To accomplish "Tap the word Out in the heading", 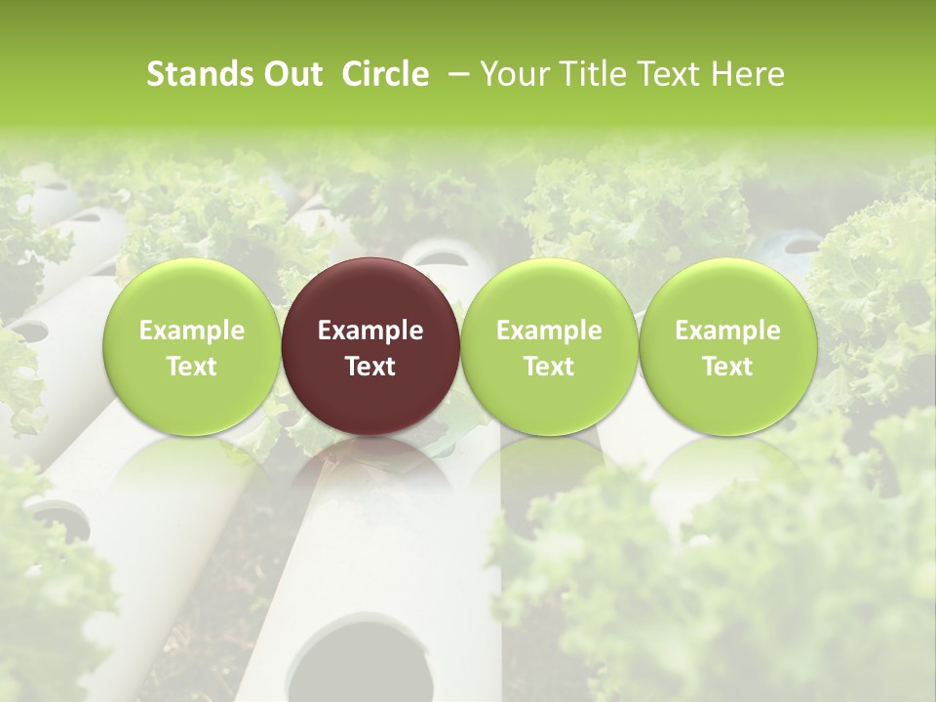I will tap(290, 74).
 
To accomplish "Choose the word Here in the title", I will tap(748, 74).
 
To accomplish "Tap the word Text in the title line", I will tap(672, 74).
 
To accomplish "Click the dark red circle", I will tap(370, 346).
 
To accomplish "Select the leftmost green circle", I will tap(192, 346).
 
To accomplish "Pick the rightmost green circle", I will tap(727, 346).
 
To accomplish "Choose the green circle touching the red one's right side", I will tap(549, 346).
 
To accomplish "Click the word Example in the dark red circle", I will tap(370, 331).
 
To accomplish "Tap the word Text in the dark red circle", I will tap(370, 367).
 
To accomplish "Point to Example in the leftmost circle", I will tap(192, 331).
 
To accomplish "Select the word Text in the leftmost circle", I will tap(192, 367).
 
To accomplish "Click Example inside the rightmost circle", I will tap(727, 331).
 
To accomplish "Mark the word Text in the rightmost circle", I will tap(727, 367).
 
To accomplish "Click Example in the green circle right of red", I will tap(549, 331).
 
